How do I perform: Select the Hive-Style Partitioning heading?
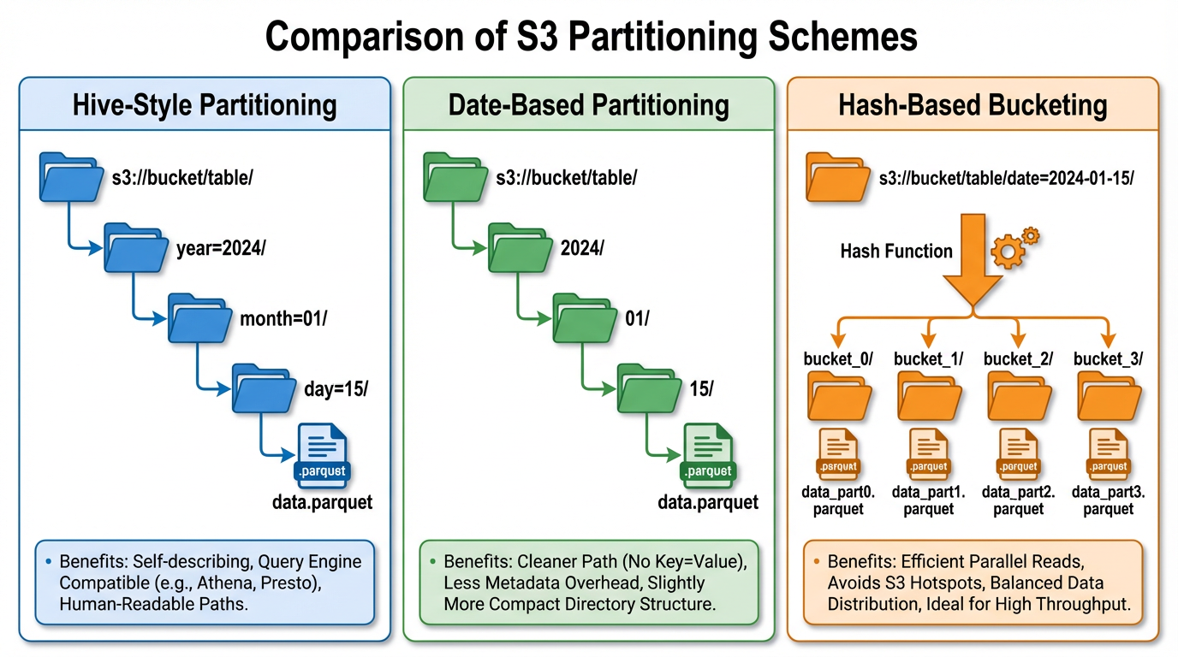205,105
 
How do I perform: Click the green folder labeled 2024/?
520,249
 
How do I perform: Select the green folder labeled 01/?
585,318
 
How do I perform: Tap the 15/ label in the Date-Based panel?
700,388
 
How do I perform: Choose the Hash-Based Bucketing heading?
973,105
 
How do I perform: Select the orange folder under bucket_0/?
840,397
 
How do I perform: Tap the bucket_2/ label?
1018,358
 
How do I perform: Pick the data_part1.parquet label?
929,500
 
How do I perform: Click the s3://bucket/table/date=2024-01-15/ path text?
1007,179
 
